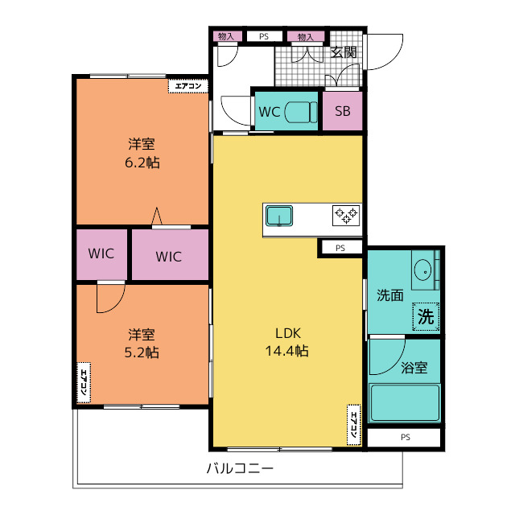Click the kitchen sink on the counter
pyautogui.click(x=279, y=216)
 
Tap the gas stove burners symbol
pyautogui.click(x=346, y=216)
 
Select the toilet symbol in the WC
pyautogui.click(x=300, y=112)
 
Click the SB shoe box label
pyautogui.click(x=343, y=111)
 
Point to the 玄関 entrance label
pyautogui.click(x=344, y=51)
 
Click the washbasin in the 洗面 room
pyautogui.click(x=423, y=271)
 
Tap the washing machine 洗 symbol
pyautogui.click(x=426, y=316)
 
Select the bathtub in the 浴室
pyautogui.click(x=404, y=403)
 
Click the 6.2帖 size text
pyautogui.click(x=142, y=163)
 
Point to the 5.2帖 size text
pyautogui.click(x=142, y=352)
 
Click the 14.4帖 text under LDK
pyautogui.click(x=286, y=351)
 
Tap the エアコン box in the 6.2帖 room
pyautogui.click(x=188, y=86)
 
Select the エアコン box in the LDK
pyautogui.click(x=354, y=425)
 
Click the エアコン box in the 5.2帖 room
pyautogui.click(x=84, y=382)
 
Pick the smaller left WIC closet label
pyautogui.click(x=101, y=253)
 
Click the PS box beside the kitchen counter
pyautogui.click(x=340, y=248)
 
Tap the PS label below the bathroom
pyautogui.click(x=406, y=437)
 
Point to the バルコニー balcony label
pyautogui.click(x=240, y=468)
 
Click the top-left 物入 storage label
pyautogui.click(x=226, y=36)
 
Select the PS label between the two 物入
pyautogui.click(x=264, y=36)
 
